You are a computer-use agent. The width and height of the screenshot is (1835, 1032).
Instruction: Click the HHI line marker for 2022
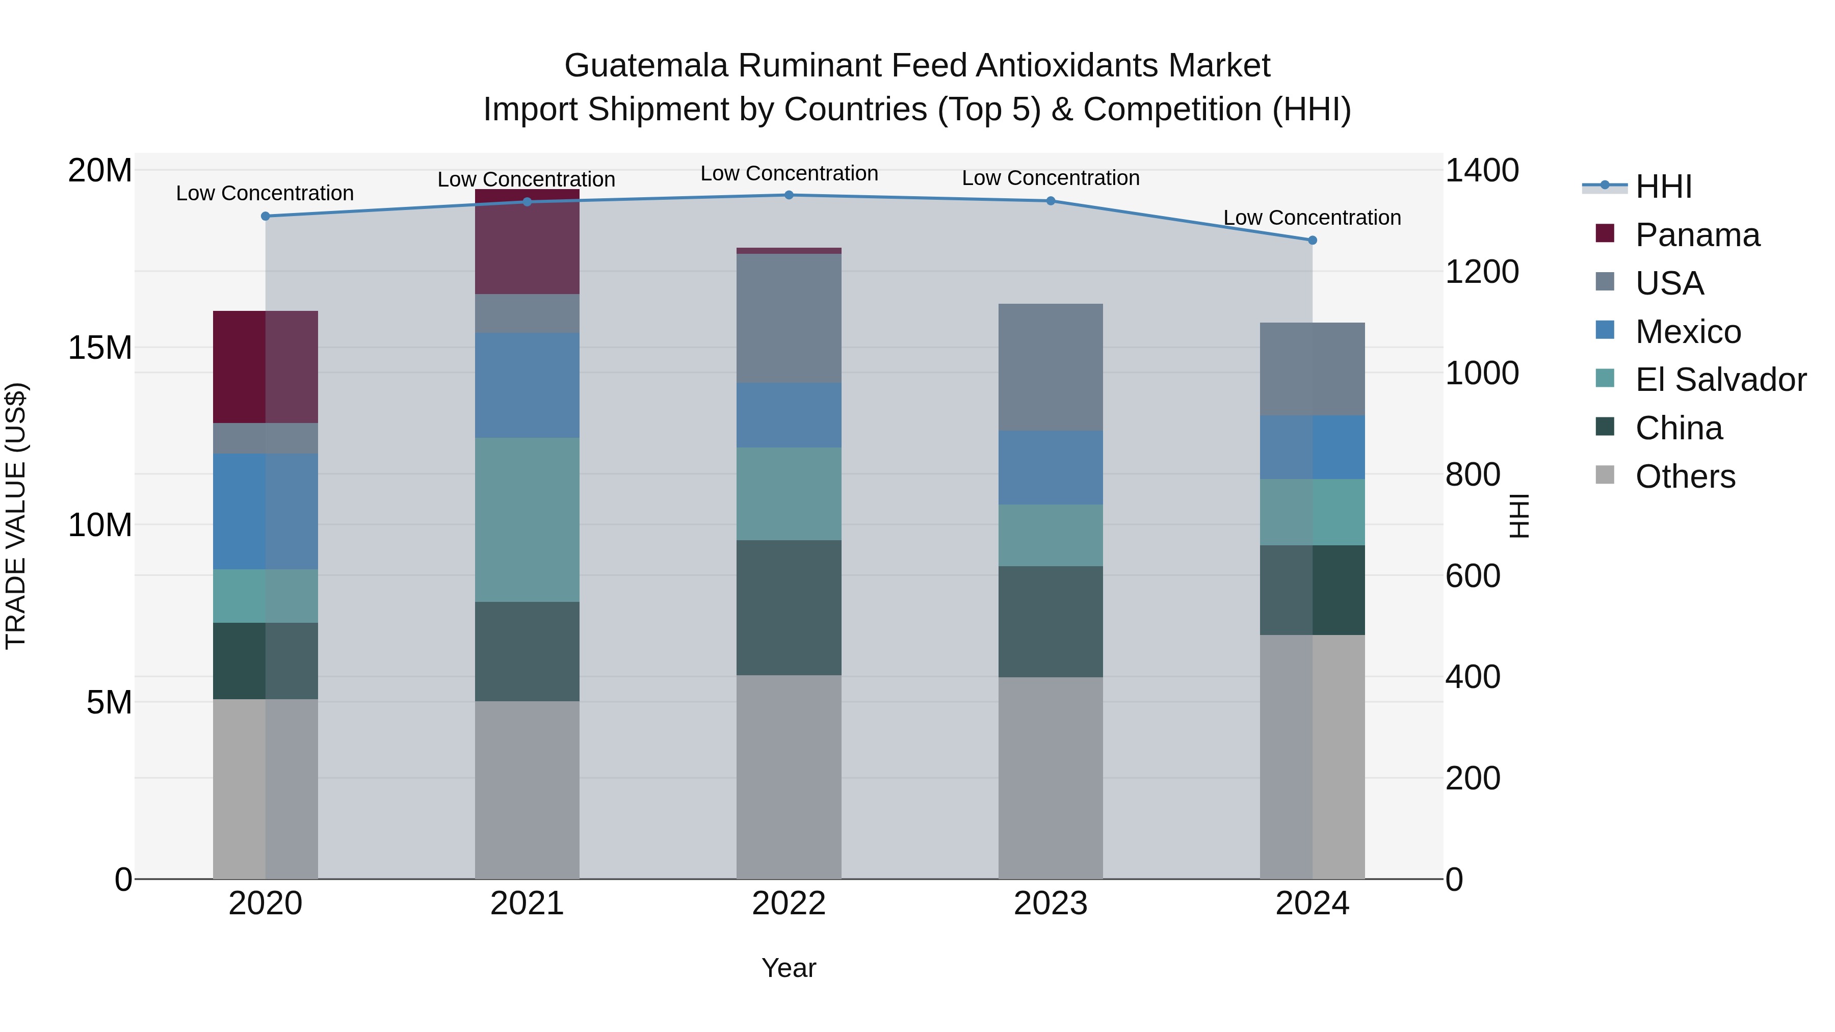[789, 195]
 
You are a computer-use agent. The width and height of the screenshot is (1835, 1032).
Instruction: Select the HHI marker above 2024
[1312, 241]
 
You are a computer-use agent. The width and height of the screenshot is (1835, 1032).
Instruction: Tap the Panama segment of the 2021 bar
[527, 242]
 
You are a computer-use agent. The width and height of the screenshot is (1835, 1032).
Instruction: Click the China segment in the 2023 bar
[1050, 622]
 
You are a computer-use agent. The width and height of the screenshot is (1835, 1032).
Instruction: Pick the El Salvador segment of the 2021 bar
[527, 520]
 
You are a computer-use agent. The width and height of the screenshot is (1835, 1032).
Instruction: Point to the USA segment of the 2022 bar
[789, 319]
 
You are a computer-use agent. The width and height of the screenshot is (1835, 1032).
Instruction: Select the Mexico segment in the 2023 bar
[1050, 467]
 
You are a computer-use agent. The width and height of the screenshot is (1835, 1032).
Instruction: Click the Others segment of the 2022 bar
[789, 776]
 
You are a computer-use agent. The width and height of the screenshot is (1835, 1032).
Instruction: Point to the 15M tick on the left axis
[100, 348]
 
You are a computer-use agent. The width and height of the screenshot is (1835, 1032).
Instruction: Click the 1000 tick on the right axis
[1482, 373]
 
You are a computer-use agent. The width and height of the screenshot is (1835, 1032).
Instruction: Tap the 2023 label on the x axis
[1050, 904]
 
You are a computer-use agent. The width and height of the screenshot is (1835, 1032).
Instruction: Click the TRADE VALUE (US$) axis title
[16, 516]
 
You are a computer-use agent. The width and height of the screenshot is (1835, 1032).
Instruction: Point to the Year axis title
[789, 968]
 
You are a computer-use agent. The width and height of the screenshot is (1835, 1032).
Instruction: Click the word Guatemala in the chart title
[645, 66]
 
